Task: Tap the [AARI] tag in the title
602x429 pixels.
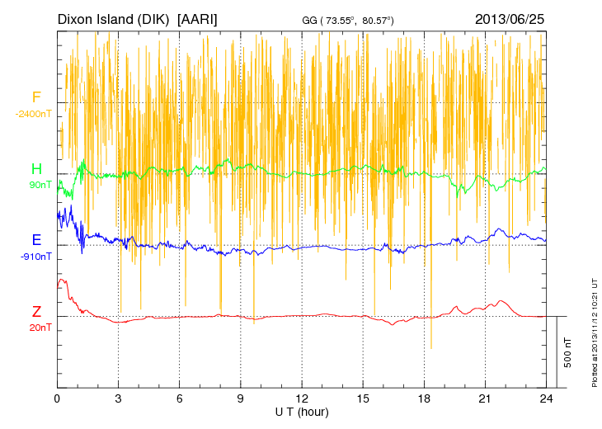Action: point(198,19)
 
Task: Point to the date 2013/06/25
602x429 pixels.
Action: point(510,19)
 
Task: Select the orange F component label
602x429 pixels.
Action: point(36,98)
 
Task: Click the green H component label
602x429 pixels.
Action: point(36,169)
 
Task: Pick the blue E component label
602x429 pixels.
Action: point(36,240)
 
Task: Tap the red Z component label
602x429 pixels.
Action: point(36,312)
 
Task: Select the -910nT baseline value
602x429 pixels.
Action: point(36,256)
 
